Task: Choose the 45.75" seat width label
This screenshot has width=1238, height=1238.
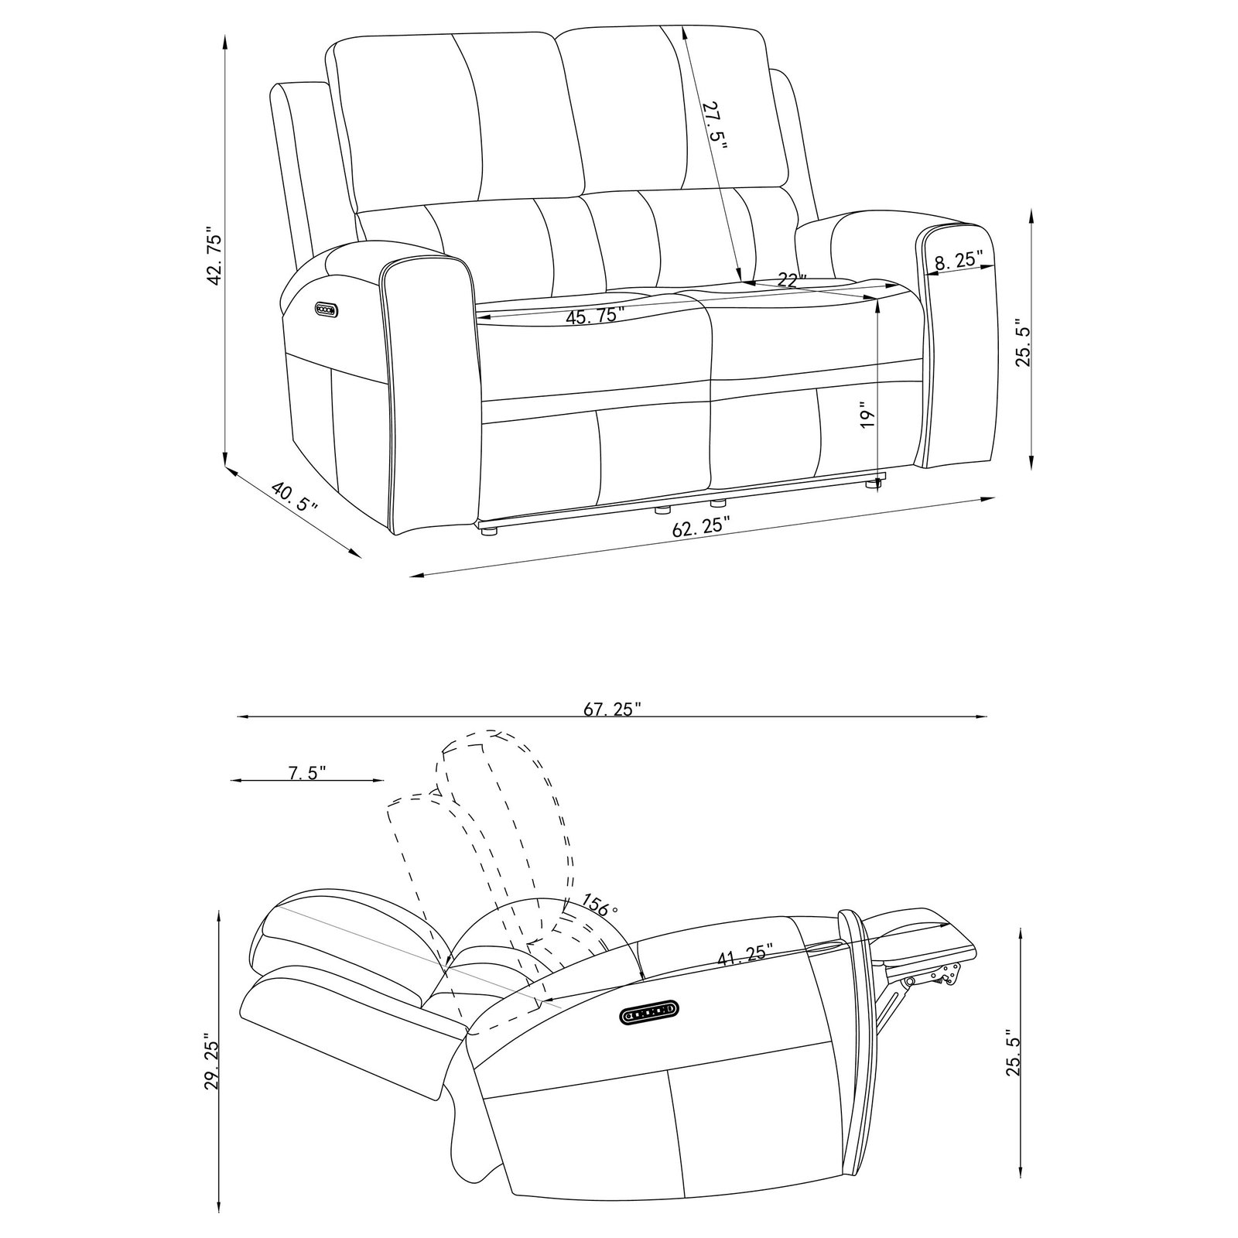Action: [596, 316]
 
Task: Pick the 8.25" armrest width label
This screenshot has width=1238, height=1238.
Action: [959, 260]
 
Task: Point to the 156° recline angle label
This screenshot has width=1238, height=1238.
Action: [601, 905]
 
